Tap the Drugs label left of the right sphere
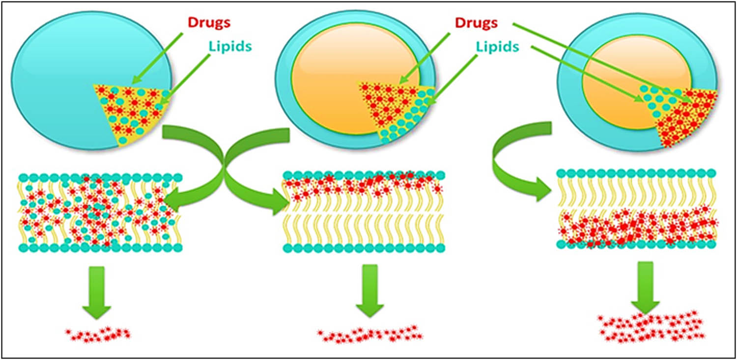point(476,23)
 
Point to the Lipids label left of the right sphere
point(498,47)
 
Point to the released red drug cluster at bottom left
point(99,335)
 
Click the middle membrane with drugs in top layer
point(364,211)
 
